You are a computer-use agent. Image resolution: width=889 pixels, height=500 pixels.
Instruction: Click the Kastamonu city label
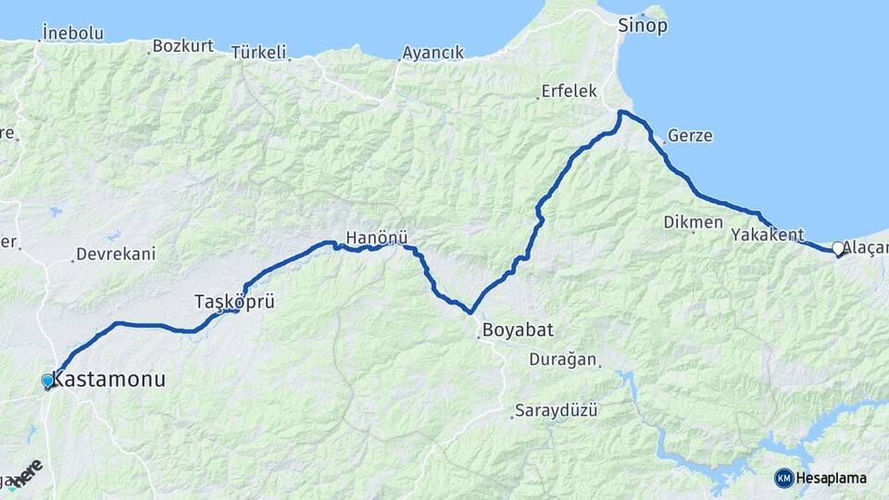(x=109, y=379)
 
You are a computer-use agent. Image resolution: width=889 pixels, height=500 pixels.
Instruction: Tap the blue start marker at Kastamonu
(x=48, y=381)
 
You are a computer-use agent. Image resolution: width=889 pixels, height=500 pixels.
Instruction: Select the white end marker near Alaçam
(x=838, y=248)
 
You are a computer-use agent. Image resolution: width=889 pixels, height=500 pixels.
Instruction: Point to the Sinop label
(x=643, y=26)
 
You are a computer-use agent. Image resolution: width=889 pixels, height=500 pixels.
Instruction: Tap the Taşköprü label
(x=234, y=302)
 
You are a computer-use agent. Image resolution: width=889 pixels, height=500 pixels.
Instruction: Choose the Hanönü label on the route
(x=376, y=238)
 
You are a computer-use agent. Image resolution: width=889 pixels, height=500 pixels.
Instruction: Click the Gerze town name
(x=690, y=135)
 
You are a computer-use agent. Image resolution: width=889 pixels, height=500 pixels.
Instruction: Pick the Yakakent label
(x=767, y=234)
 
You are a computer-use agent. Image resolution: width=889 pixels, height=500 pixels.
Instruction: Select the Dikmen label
(x=693, y=222)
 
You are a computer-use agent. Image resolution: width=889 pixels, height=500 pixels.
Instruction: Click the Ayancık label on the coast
(x=432, y=53)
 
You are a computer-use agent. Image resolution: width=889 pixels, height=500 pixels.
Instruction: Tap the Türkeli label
(x=260, y=52)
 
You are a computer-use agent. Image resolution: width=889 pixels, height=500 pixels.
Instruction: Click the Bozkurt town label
(x=182, y=45)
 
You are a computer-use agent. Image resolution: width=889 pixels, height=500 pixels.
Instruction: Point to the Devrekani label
(x=116, y=254)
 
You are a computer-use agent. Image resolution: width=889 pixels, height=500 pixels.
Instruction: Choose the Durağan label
(x=563, y=359)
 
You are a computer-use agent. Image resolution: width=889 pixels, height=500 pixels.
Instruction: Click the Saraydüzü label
(x=556, y=409)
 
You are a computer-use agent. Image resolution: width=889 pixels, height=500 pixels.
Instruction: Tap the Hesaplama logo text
(x=832, y=478)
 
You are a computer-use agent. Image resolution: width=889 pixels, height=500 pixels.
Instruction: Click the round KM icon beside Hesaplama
(x=784, y=478)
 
